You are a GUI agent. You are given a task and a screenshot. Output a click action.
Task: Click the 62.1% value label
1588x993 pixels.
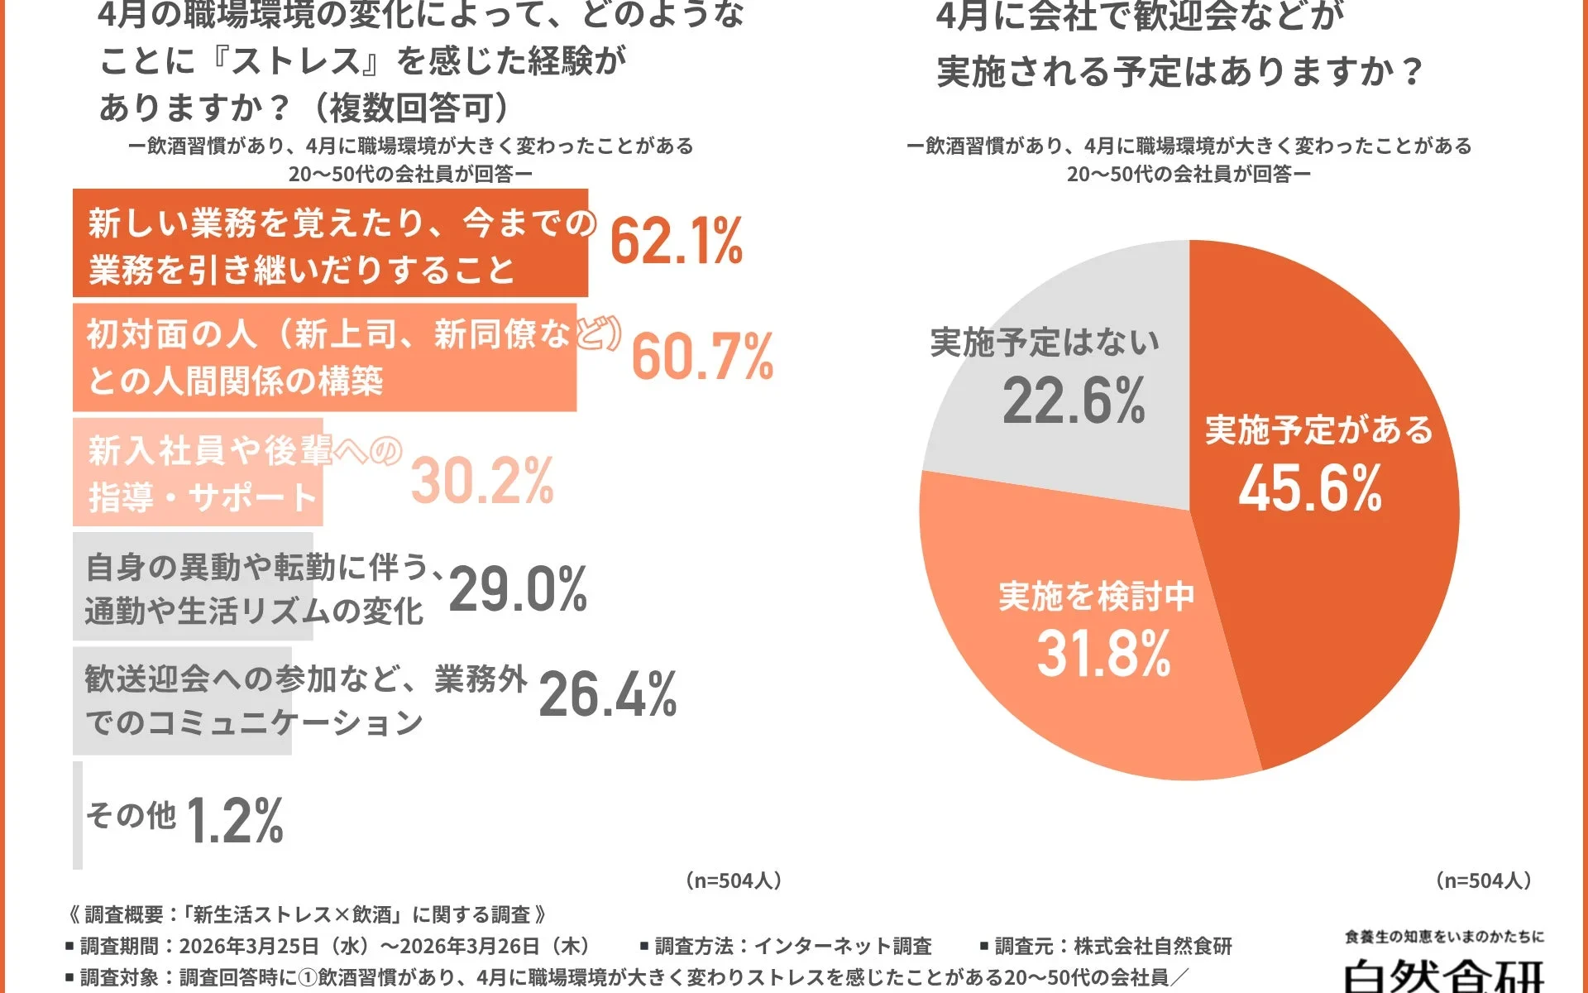676,242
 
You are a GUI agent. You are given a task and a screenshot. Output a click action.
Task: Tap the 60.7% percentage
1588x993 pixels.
702,357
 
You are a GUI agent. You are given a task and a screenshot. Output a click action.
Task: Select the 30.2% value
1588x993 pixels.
482,481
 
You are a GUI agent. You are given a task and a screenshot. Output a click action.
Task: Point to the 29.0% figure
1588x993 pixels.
518,590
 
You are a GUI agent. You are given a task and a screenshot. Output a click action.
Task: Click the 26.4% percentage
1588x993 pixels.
608,694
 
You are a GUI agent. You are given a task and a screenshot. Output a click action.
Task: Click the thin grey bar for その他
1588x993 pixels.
78,815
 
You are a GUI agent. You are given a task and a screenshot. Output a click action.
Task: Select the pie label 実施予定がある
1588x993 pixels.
1318,430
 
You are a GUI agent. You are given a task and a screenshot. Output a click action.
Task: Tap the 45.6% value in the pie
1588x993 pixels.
1310,488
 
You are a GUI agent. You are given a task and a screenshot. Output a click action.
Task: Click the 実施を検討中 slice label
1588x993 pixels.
1096,596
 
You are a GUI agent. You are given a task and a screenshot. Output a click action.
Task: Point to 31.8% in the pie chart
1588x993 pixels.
1103,654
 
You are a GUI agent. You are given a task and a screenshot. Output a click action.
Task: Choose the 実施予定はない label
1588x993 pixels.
1045,343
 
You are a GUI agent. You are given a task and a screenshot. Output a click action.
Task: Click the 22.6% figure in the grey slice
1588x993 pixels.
1074,401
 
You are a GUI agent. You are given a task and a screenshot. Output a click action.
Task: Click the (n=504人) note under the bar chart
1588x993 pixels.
733,880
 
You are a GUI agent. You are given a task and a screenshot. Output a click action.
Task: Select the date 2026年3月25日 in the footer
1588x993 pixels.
249,946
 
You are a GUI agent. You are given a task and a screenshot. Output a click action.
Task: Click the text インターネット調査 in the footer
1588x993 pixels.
843,946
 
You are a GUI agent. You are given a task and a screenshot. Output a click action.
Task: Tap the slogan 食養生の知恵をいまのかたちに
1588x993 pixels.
1444,937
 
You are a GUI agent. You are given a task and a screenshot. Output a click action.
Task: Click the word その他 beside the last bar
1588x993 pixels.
131,816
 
